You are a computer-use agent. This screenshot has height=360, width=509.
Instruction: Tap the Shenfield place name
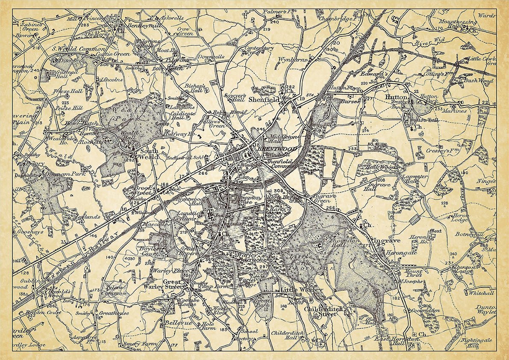[x=264, y=99]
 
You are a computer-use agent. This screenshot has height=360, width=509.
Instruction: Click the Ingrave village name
[x=387, y=241]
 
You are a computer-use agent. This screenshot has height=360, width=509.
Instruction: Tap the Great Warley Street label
[x=177, y=284]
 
